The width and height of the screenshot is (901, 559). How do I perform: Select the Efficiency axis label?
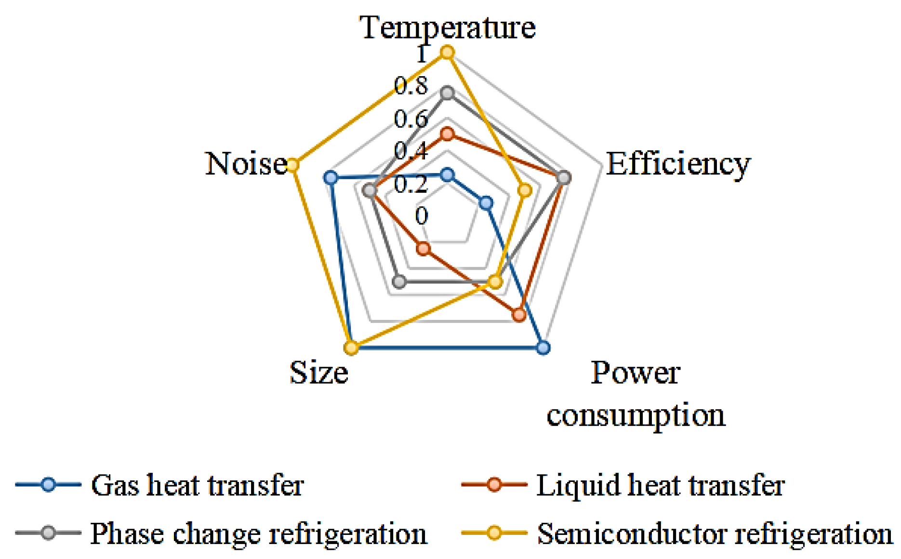678,164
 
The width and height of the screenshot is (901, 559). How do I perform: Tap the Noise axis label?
246,164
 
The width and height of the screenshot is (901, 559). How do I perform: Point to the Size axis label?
318,373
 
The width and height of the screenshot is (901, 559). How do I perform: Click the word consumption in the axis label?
636,415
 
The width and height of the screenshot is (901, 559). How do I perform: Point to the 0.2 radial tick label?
411,184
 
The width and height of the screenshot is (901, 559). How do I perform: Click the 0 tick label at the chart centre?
422,215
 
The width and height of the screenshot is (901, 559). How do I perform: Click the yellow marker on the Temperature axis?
448,52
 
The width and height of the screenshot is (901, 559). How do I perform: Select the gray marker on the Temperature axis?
448,93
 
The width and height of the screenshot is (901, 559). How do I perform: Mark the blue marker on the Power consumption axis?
543,347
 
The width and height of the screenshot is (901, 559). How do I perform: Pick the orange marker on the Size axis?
423,249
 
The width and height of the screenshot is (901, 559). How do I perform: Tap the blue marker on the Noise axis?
330,178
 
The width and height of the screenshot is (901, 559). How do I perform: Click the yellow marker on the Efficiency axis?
525,191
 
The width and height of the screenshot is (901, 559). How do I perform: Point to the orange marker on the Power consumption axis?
519,315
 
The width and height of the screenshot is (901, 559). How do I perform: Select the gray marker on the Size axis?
399,281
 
